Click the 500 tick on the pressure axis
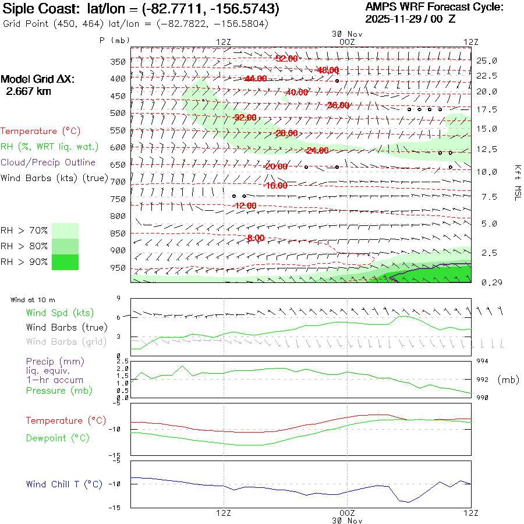(x=119, y=113)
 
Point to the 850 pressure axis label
(x=119, y=233)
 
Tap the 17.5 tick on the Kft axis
(x=487, y=109)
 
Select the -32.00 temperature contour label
(x=244, y=117)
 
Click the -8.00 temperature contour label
(x=256, y=238)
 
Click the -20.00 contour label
(x=275, y=167)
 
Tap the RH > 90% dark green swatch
(x=65, y=262)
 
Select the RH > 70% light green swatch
(x=65, y=231)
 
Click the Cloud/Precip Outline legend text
(x=48, y=162)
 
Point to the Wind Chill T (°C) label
(x=64, y=484)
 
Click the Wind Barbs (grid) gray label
(x=61, y=341)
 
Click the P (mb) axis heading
(x=115, y=40)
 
